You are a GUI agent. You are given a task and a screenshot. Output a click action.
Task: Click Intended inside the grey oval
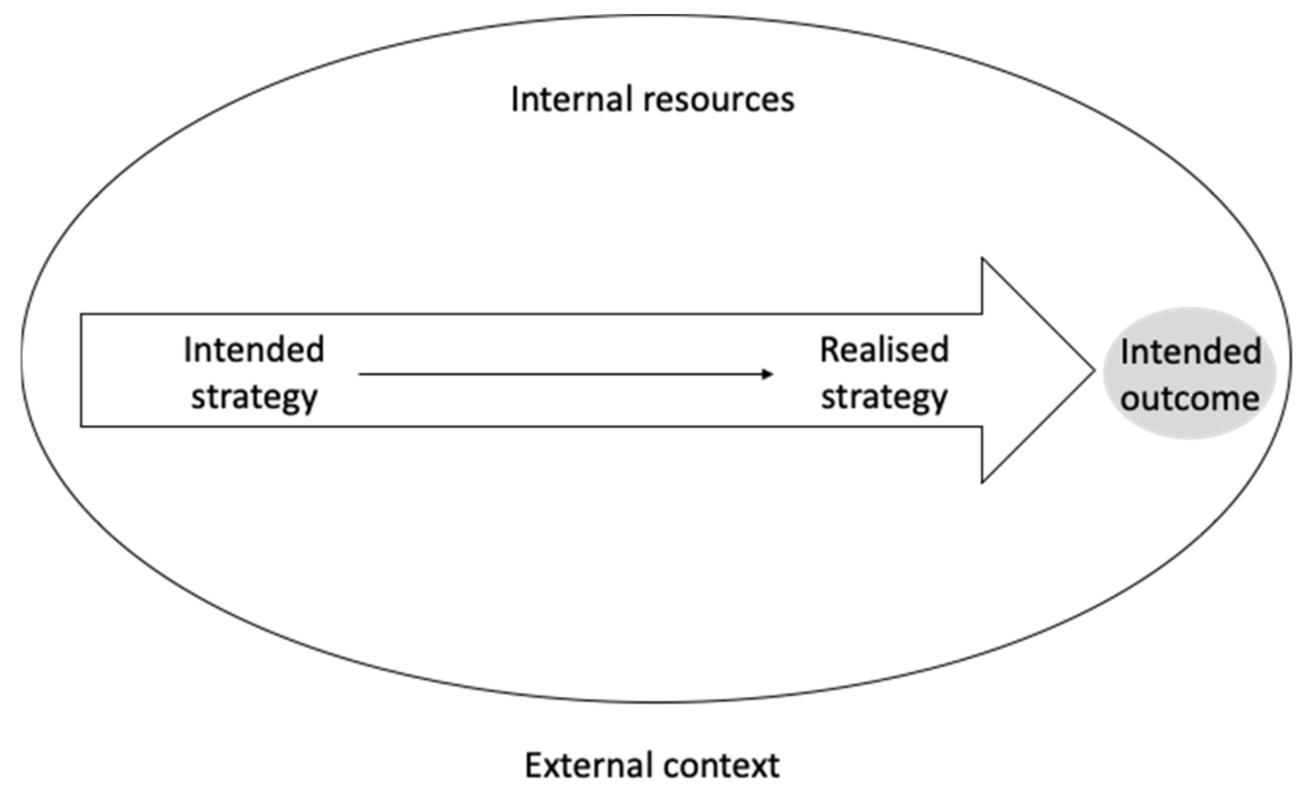[1191, 351]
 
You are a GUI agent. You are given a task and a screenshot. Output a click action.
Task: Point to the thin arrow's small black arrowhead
[768, 374]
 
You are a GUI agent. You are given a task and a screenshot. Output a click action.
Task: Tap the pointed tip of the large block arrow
[1093, 370]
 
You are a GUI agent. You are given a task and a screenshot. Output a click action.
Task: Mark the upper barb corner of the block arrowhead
[982, 260]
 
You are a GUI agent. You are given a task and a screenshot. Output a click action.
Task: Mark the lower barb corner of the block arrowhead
[982, 482]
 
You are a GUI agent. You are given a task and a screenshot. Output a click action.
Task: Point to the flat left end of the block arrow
[81, 370]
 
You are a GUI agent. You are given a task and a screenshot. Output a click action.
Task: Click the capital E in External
[533, 766]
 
